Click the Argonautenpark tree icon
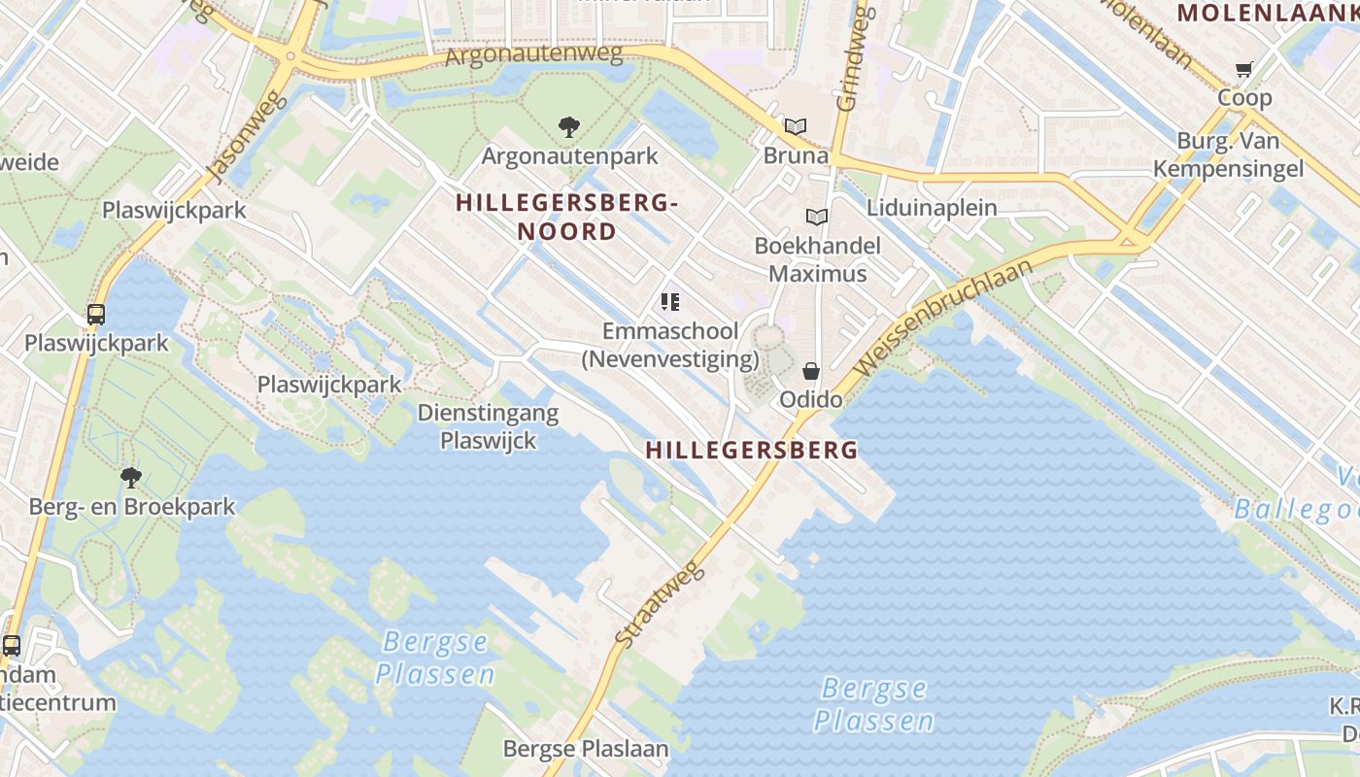pos(569,126)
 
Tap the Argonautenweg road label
pos(533,54)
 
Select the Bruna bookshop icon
pos(796,126)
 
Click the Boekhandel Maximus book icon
pos(817,217)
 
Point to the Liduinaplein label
pos(932,207)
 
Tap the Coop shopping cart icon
pos(1243,69)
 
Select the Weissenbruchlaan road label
pos(941,320)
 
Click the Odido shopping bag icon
pos(811,371)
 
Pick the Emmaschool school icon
pos(669,302)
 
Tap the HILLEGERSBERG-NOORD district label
pos(566,217)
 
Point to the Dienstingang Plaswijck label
pos(488,426)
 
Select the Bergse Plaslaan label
pos(586,749)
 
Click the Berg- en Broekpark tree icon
pos(131,477)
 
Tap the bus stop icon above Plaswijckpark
pos(96,315)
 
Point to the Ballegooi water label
pos(1297,510)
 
